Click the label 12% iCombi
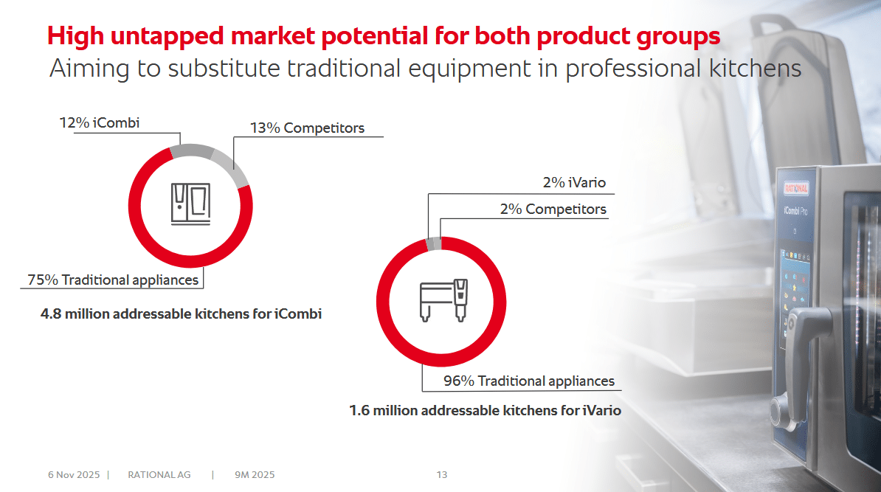pyautogui.click(x=100, y=122)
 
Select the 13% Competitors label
pyautogui.click(x=308, y=128)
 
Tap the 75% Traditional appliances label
pyautogui.click(x=113, y=280)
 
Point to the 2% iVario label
pyautogui.click(x=574, y=182)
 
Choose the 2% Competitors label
pyautogui.click(x=553, y=209)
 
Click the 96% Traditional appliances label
pyautogui.click(x=529, y=381)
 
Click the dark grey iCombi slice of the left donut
pyautogui.click(x=192, y=150)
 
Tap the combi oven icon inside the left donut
pyautogui.click(x=190, y=204)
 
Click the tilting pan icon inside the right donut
pyautogui.click(x=444, y=300)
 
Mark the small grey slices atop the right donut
pyautogui.click(x=434, y=243)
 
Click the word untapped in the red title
pyautogui.click(x=167, y=36)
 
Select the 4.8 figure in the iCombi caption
pyautogui.click(x=51, y=313)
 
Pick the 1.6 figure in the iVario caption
pyautogui.click(x=359, y=411)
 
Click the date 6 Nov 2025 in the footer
pyautogui.click(x=74, y=474)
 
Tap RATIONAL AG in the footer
pyautogui.click(x=159, y=474)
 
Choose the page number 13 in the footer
pyautogui.click(x=442, y=474)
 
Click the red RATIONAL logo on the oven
pyautogui.click(x=795, y=188)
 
